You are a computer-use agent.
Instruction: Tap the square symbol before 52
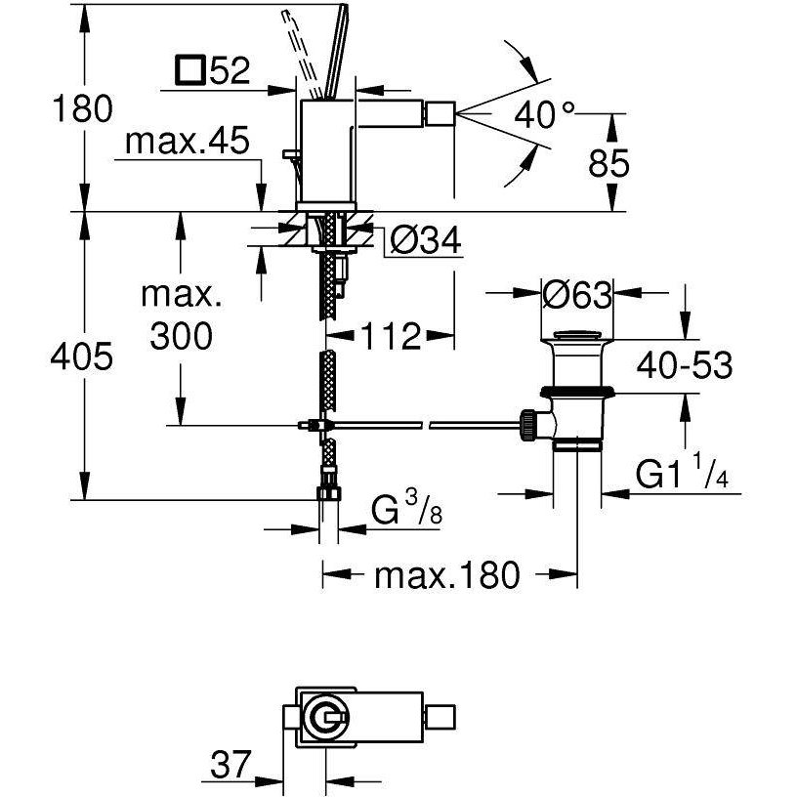pyautogui.click(x=188, y=71)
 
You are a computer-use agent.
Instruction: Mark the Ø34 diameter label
pyautogui.click(x=425, y=239)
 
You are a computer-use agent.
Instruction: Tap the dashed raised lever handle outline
pyautogui.click(x=302, y=49)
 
